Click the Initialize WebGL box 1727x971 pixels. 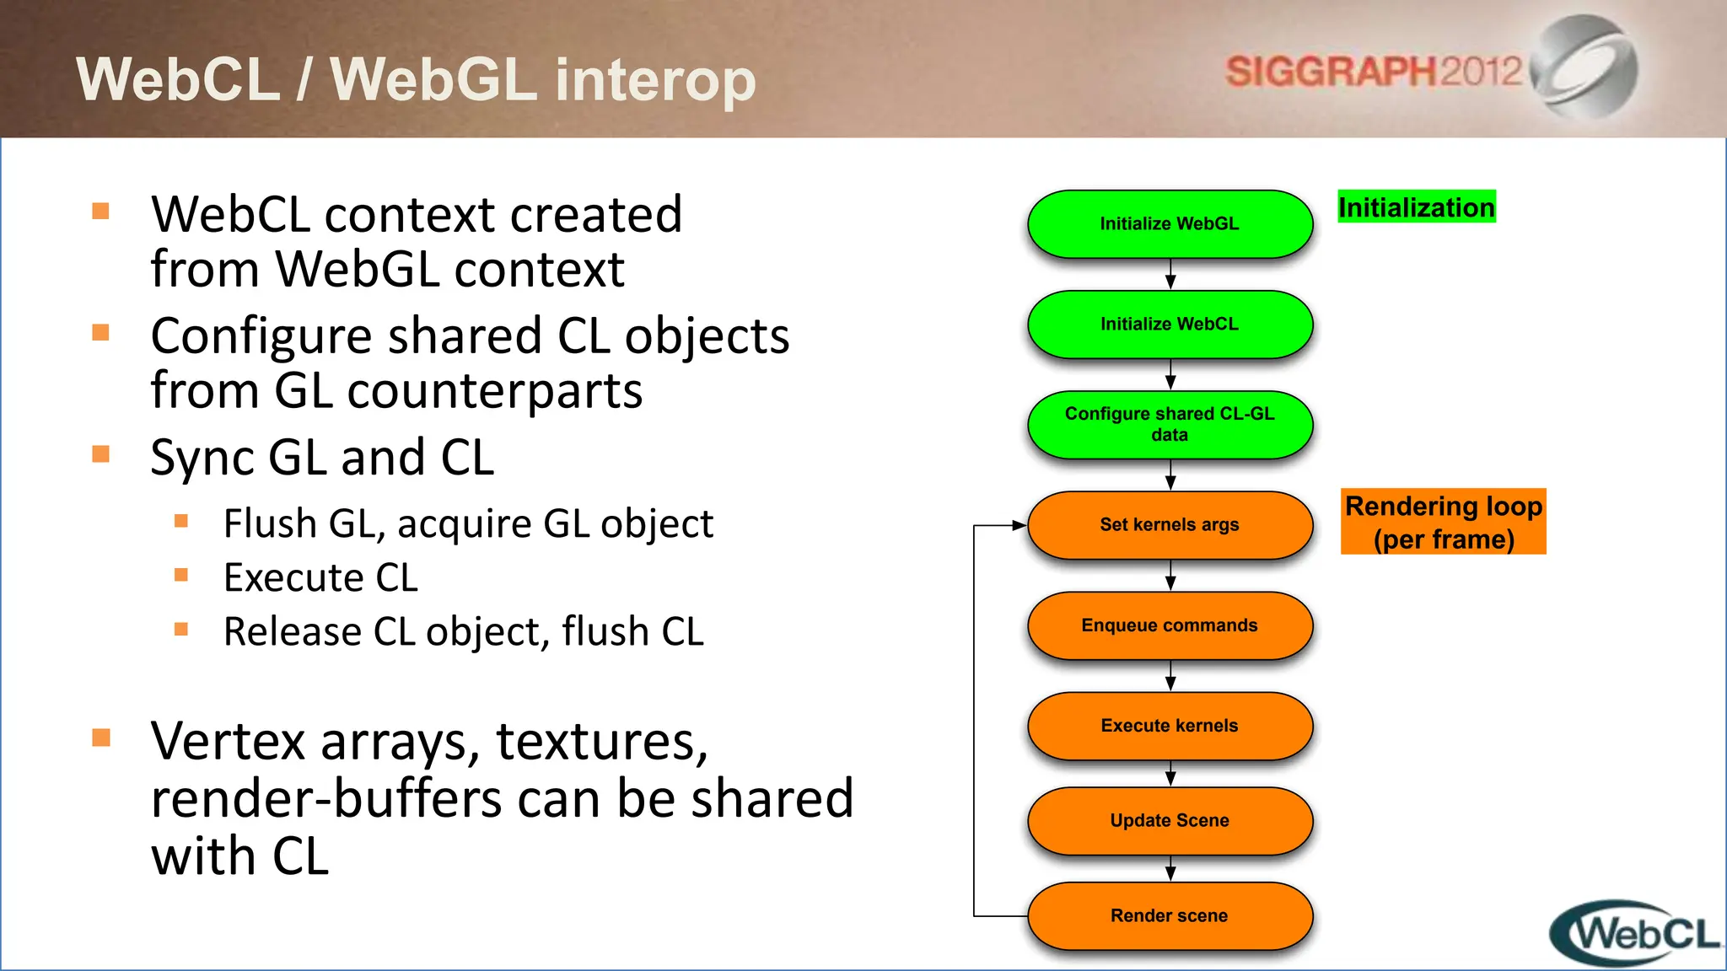pyautogui.click(x=1170, y=224)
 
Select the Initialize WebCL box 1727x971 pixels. pyautogui.click(x=1170, y=325)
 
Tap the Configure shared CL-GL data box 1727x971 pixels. pyautogui.click(x=1170, y=425)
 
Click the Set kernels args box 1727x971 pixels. pyautogui.click(x=1170, y=525)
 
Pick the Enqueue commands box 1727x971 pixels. pyautogui.click(x=1170, y=625)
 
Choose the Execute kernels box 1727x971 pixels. pyautogui.click(x=1170, y=726)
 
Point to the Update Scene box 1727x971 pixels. pyautogui.click(x=1170, y=821)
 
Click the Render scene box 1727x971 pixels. pyautogui.click(x=1170, y=916)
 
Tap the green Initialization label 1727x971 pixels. pyautogui.click(x=1417, y=207)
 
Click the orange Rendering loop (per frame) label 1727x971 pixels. pyautogui.click(x=1444, y=522)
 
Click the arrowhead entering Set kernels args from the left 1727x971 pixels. pyautogui.click(x=1019, y=525)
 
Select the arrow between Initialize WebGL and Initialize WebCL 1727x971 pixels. pyautogui.click(x=1170, y=275)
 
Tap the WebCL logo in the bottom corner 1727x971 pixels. pyautogui.click(x=1636, y=934)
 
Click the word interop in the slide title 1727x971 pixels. pyautogui.click(x=655, y=80)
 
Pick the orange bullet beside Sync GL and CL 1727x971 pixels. pyautogui.click(x=101, y=454)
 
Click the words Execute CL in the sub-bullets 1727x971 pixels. pyautogui.click(x=320, y=578)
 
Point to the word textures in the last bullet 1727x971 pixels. pyautogui.click(x=601, y=742)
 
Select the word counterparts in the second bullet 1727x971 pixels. pyautogui.click(x=495, y=391)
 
